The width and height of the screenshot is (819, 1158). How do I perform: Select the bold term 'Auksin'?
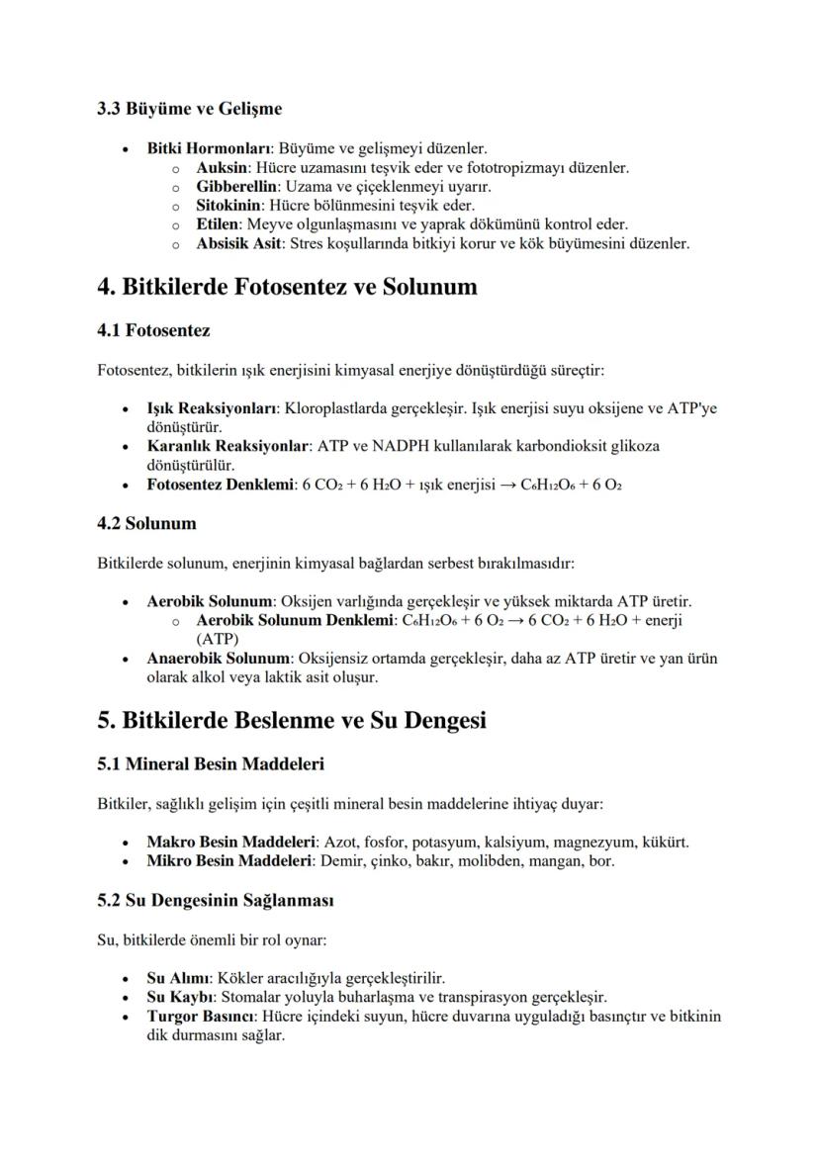click(221, 168)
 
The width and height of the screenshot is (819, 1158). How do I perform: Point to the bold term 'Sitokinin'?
click(228, 206)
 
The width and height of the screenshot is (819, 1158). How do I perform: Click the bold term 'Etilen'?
click(217, 224)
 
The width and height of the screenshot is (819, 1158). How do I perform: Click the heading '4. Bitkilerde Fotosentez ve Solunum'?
click(287, 287)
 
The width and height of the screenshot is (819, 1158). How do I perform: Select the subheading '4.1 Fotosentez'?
click(153, 329)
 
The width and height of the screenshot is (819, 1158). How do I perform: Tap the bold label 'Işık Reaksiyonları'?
click(212, 408)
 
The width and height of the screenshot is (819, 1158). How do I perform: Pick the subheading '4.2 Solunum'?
click(146, 523)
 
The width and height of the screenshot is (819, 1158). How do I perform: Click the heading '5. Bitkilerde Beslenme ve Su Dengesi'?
click(292, 720)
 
